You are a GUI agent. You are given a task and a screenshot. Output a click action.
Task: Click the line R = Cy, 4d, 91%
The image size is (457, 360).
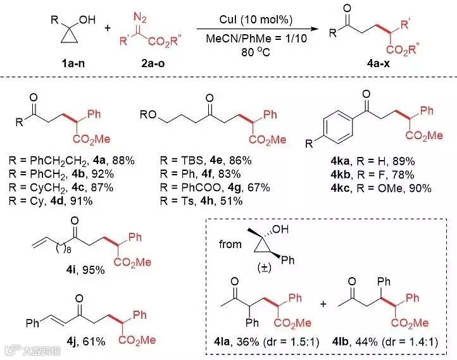pos(55,201)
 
